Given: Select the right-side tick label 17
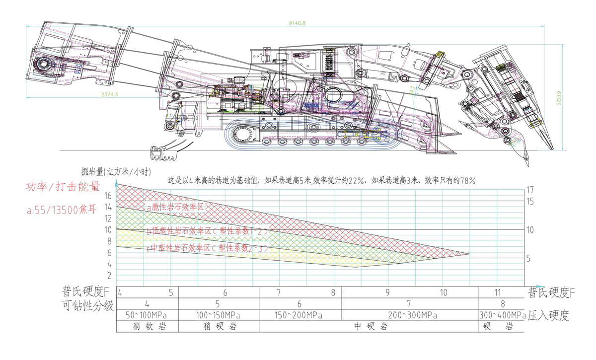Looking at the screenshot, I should pos(530,190).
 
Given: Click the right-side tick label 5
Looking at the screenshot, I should pos(528,259).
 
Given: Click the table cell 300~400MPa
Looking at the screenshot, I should pos(503,315).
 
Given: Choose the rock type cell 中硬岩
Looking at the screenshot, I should pos(368,327).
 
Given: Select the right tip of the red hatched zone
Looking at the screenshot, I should pos(469,254).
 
